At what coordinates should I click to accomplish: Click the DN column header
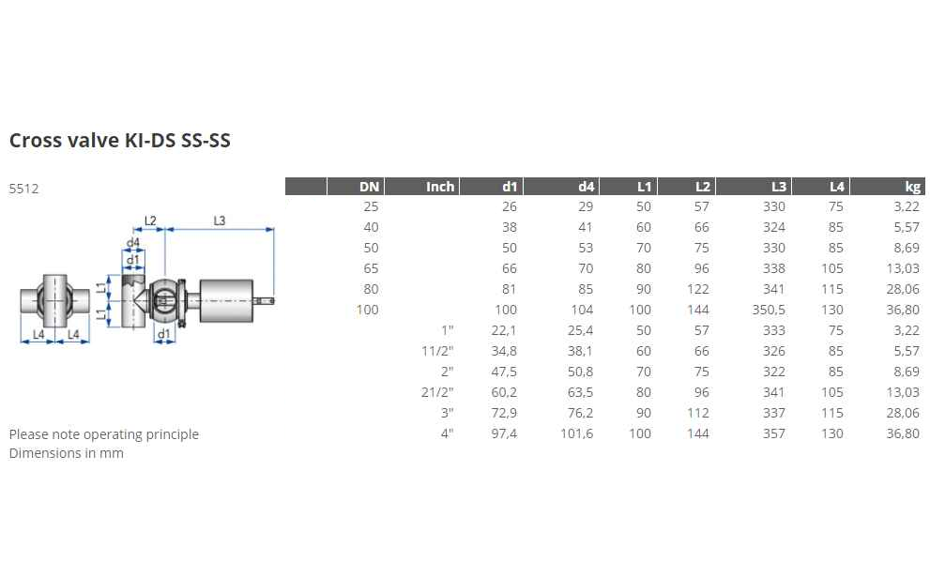369,187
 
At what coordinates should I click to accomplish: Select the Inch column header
439,187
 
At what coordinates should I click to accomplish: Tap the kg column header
913,187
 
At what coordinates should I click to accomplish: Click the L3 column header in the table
779,187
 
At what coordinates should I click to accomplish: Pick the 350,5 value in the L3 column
769,310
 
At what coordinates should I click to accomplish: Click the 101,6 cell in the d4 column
576,434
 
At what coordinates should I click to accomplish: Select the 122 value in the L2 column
698,289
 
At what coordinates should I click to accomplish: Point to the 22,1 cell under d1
504,331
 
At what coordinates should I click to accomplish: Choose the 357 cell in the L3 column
774,434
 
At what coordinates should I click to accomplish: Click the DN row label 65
371,268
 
